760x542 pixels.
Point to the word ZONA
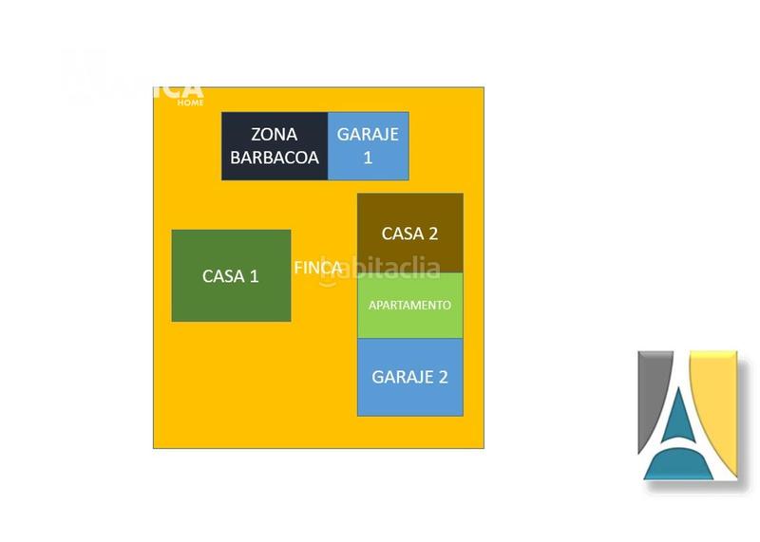(275, 135)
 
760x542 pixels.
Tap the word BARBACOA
(275, 158)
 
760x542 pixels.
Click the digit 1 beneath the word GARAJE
(369, 158)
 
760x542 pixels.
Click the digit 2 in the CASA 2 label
(432, 234)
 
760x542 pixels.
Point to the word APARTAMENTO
(409, 306)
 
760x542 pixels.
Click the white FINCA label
(317, 268)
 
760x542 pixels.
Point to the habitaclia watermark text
(385, 269)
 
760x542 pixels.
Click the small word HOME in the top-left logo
(191, 103)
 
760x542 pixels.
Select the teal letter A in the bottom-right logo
(679, 433)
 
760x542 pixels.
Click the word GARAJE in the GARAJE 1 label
(369, 134)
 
